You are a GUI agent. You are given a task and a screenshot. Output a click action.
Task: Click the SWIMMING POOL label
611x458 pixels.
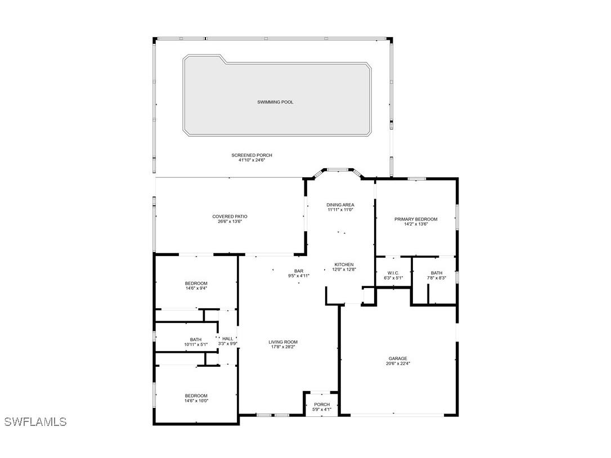tap(275, 102)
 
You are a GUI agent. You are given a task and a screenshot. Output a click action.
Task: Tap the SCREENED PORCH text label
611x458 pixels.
tap(251, 155)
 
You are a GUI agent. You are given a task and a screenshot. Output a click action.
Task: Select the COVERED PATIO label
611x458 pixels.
tap(230, 217)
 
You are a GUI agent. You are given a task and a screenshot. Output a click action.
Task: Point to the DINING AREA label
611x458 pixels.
tap(340, 205)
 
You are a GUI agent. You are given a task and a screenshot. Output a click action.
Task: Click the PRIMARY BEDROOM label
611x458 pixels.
tap(416, 219)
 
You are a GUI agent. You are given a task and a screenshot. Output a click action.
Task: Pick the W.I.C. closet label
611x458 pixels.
tap(393, 273)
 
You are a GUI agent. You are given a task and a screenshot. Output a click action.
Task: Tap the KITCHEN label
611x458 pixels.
tap(344, 264)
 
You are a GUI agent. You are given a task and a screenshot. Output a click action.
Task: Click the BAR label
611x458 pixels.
tap(299, 271)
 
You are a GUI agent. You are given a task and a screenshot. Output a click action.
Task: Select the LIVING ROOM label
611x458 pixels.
tap(283, 342)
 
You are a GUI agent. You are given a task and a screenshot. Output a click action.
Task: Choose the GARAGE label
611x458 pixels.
tap(398, 358)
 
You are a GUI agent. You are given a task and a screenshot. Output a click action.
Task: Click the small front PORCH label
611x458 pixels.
tap(322, 405)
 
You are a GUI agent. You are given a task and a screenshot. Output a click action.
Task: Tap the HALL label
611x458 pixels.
tap(228, 339)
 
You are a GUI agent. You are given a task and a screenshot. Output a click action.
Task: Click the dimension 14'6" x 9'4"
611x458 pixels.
tap(196, 288)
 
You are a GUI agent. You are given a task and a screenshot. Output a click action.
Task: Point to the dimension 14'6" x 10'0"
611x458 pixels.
tap(196, 401)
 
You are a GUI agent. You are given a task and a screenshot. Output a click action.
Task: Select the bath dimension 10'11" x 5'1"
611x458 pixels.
tap(196, 344)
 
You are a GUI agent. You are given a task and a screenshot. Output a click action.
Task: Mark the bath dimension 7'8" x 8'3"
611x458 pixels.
tap(437, 278)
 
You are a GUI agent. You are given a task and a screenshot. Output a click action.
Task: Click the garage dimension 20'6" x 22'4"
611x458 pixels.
tap(398, 363)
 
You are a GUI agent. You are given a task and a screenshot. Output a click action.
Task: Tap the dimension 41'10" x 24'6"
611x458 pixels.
tap(251, 160)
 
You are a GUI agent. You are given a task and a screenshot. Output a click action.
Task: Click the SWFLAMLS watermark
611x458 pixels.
tap(35, 421)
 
